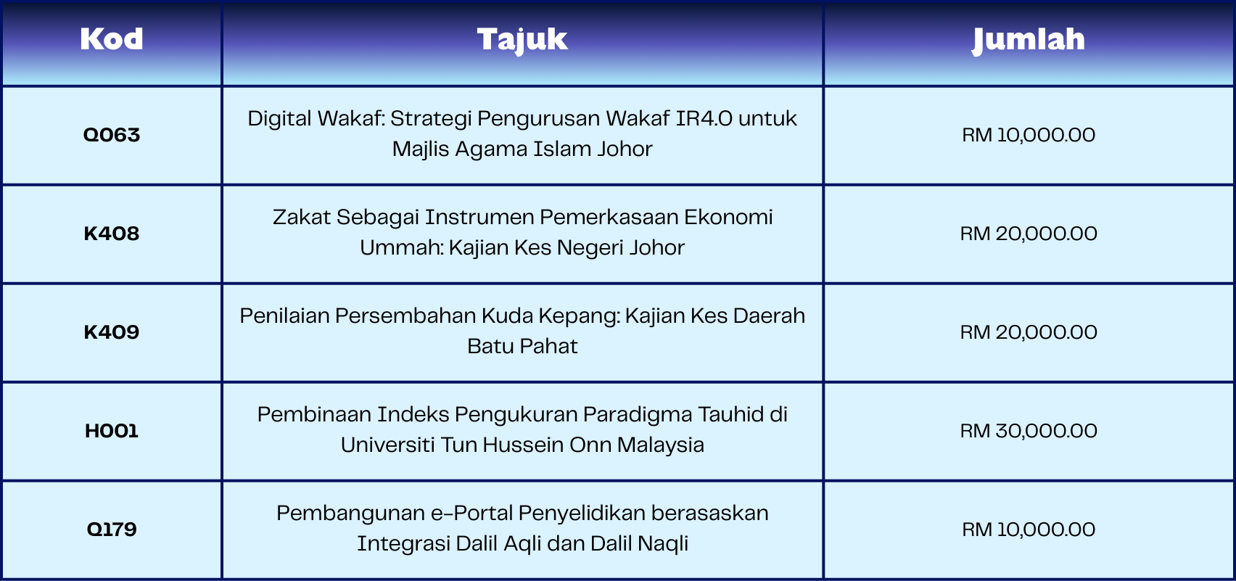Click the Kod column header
coord(112,39)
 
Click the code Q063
coord(112,135)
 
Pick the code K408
coord(112,234)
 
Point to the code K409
coord(112,332)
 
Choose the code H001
coord(112,431)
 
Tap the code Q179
coord(112,530)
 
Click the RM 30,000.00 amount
coord(1029,431)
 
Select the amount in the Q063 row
coord(1029,135)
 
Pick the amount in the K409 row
coord(1029,332)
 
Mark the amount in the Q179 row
coord(1029,530)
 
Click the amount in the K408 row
coord(1029,234)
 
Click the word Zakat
coord(301,218)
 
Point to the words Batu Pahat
coord(522,347)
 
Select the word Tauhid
coord(731,414)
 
